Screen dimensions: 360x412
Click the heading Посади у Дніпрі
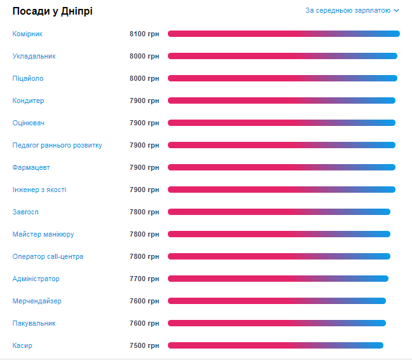[53, 11]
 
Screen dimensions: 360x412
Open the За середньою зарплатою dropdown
[352, 10]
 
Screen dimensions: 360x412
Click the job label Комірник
[27, 34]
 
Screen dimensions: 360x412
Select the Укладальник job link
[34, 56]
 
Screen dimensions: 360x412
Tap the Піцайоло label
[28, 78]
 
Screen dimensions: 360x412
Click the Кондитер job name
[29, 100]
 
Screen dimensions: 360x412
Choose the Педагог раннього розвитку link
[57, 145]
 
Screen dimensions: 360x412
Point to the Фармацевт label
[31, 167]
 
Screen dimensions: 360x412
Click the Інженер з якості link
[39, 190]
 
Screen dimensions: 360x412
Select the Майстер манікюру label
[43, 234]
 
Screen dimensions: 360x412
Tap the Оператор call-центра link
[48, 256]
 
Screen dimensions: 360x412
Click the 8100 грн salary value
[144, 34]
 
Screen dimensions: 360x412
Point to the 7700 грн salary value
[144, 279]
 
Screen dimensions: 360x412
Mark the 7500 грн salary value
[144, 345]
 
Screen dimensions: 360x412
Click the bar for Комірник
[284, 34]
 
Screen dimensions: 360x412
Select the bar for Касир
[275, 345]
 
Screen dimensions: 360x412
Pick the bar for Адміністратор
[278, 279]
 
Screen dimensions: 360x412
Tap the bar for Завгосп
[279, 212]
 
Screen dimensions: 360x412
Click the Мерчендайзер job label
[37, 301]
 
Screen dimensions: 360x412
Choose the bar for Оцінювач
[282, 123]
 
